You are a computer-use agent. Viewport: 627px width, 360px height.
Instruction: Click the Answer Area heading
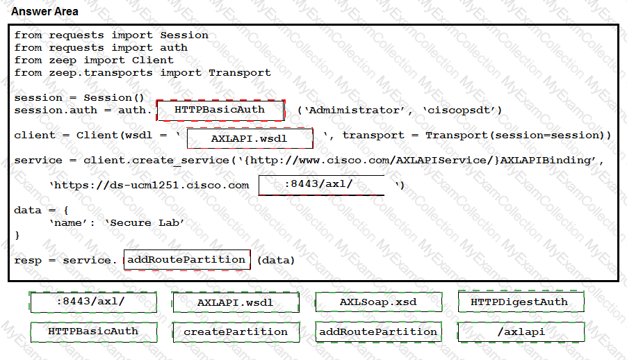coord(44,12)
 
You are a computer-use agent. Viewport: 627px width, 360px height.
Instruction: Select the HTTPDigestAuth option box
coord(521,302)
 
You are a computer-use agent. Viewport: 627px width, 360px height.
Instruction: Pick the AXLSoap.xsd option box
coord(379,302)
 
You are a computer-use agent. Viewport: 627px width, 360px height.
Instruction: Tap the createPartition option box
coord(236,332)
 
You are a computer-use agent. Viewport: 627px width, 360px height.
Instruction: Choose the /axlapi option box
coord(521,332)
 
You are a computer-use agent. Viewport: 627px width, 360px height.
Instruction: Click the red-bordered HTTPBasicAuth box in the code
coord(220,110)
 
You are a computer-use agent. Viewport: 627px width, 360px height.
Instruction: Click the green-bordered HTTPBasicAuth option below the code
coord(94,332)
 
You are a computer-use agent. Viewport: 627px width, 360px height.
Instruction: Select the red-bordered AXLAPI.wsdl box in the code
coord(250,138)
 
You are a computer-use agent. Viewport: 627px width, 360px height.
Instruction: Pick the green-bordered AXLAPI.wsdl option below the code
coord(236,302)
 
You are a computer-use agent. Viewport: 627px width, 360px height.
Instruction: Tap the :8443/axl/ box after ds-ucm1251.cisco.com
coord(322,185)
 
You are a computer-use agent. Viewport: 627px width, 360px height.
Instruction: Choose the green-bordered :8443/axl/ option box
coord(93,302)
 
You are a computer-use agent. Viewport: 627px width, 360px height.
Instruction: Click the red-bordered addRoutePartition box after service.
coord(187,260)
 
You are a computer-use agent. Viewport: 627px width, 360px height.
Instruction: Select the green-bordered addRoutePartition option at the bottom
coord(378,332)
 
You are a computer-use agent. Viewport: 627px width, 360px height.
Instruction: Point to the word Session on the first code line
coord(184,35)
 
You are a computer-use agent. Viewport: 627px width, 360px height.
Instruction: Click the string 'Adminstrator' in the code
coord(355,111)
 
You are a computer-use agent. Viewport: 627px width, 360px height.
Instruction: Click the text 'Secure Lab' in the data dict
coord(145,223)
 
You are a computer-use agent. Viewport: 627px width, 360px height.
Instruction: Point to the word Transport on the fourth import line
coord(240,73)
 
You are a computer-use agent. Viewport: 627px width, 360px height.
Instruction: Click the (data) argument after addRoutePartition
coord(276,261)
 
